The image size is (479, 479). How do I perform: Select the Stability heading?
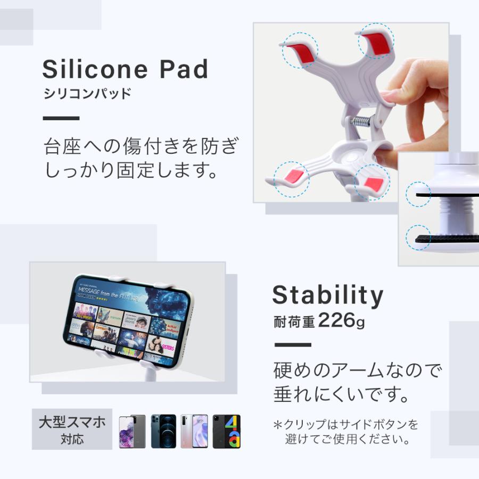tap(327, 295)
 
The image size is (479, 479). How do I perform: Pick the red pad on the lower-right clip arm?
tap(374, 184)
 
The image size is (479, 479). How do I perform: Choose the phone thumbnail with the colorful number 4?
tap(227, 431)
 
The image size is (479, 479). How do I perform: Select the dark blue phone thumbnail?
tap(163, 431)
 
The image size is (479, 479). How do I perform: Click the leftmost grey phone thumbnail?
tap(132, 431)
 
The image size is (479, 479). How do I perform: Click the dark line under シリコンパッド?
tap(61, 118)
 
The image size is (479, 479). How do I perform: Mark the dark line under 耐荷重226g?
tap(292, 345)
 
